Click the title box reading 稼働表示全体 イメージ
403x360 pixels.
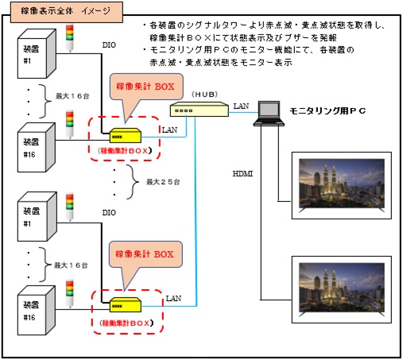(66, 12)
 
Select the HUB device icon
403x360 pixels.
(200, 109)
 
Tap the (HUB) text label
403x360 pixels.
(205, 95)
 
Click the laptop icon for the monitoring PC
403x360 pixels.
(269, 114)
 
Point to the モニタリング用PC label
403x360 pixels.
(327, 111)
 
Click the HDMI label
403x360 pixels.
(242, 174)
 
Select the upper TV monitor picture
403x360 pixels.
(342, 185)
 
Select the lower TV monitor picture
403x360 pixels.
(342, 289)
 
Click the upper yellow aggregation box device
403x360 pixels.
(126, 135)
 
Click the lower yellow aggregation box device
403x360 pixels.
(126, 304)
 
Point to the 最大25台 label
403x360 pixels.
(163, 182)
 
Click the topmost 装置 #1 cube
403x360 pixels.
(37, 54)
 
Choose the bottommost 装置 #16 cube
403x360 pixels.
(37, 311)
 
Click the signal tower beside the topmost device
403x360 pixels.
(70, 38)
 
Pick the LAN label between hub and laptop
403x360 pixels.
(241, 106)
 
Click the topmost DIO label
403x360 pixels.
(109, 45)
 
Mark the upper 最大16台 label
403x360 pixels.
(72, 96)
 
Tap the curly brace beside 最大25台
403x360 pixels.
(132, 182)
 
